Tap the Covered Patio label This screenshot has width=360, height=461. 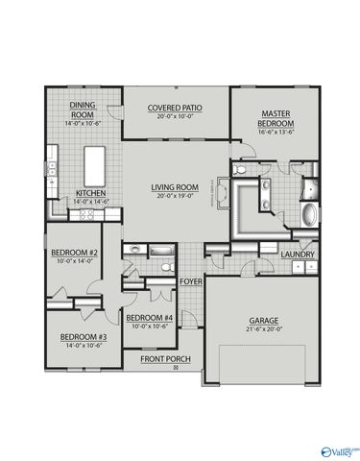point(177,109)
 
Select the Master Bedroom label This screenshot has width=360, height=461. point(276,119)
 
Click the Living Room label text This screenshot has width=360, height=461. point(175,187)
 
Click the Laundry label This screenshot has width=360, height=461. point(299,255)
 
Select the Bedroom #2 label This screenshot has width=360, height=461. point(72,254)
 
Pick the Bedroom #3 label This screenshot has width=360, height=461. point(83,337)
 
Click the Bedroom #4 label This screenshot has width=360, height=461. point(150,318)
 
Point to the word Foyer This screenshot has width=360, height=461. point(190,281)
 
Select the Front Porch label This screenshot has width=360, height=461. point(166,359)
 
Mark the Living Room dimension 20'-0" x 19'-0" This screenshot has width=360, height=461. point(175,196)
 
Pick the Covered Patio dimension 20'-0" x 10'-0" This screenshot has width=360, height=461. point(177,117)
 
